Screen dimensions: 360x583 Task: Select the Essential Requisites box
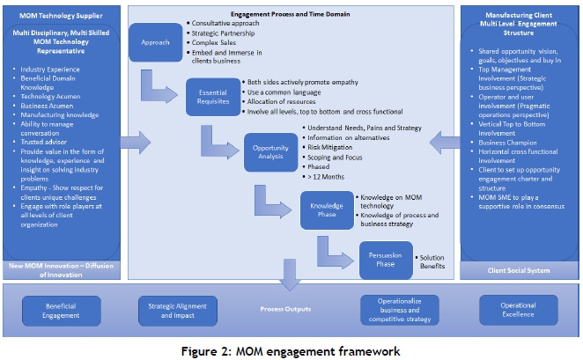click(x=213, y=97)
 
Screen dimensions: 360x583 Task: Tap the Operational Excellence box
click(x=518, y=310)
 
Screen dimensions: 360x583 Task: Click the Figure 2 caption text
click(x=291, y=350)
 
